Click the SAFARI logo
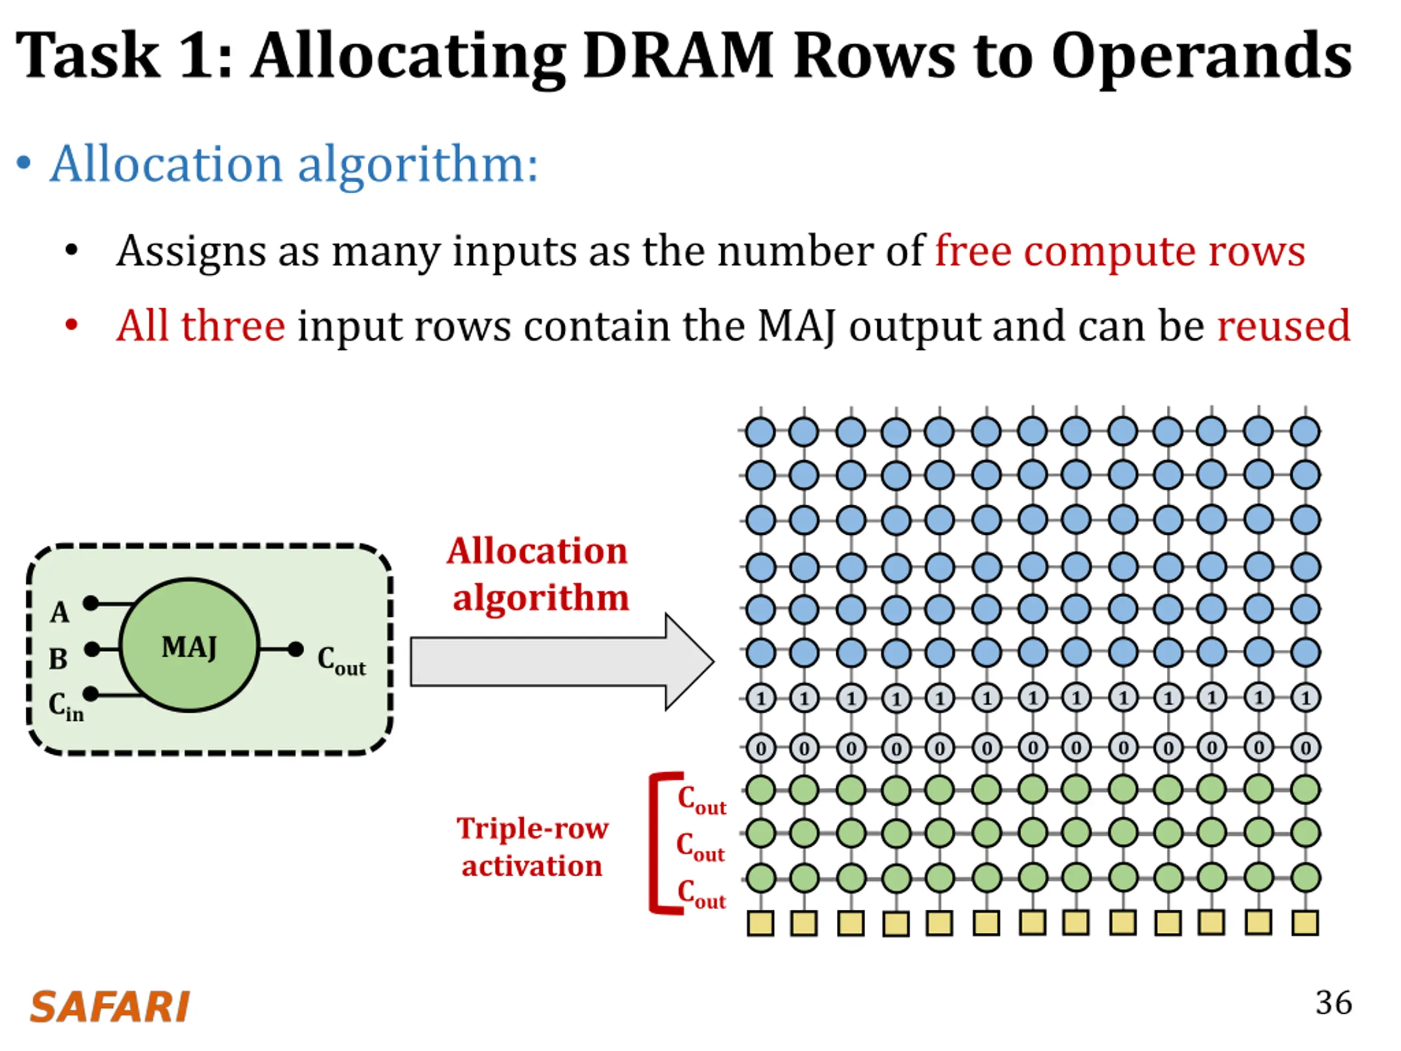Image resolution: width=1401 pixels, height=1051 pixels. (109, 1007)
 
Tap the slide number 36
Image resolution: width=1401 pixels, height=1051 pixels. (1334, 1003)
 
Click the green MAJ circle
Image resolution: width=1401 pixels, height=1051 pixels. (189, 645)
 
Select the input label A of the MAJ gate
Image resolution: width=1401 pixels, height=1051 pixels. (60, 613)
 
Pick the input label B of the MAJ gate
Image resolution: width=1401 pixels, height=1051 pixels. (58, 659)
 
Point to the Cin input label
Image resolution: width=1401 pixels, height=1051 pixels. (66, 706)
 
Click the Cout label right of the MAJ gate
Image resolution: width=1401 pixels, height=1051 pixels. (341, 661)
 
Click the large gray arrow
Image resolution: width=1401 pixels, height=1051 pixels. (563, 662)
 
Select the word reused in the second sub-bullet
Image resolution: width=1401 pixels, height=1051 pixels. (1284, 326)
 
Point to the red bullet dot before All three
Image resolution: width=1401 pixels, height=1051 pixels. (72, 326)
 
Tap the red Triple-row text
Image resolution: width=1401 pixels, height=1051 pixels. (532, 829)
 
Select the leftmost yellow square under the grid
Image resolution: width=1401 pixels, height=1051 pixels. (761, 923)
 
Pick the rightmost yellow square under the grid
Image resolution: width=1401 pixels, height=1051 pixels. (1305, 922)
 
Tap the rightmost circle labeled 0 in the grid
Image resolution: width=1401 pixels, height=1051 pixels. (1305, 748)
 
